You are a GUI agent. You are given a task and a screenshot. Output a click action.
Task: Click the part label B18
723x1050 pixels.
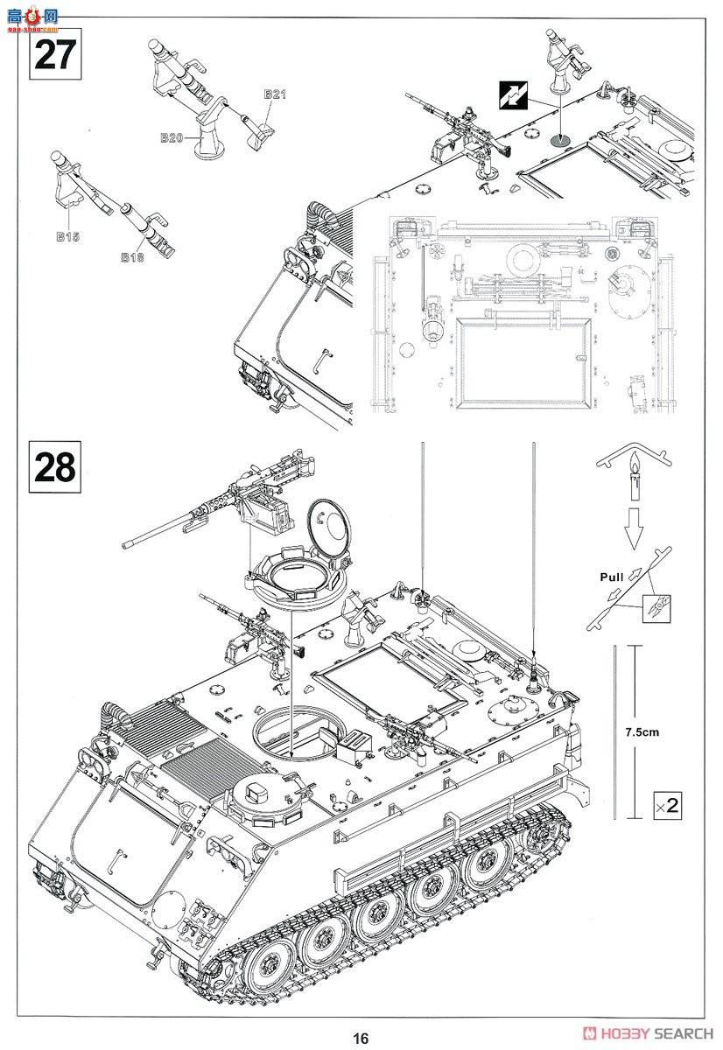[x=132, y=257]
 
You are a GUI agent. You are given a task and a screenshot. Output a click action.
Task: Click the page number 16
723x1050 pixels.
[x=361, y=1039]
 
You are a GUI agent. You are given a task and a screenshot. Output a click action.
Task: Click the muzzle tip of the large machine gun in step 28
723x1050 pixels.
[x=128, y=543]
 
